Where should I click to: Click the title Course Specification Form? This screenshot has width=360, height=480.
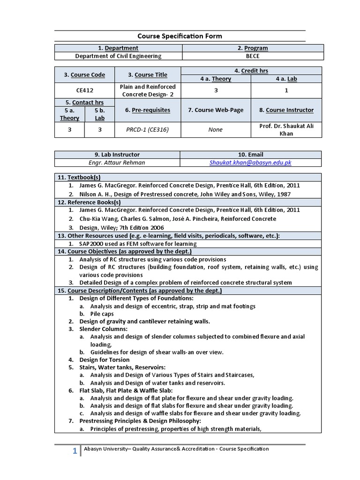(180, 36)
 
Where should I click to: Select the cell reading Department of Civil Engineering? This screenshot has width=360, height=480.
(118, 56)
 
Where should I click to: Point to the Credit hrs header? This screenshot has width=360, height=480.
(251, 71)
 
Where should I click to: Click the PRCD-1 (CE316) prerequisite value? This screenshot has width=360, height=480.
(148, 130)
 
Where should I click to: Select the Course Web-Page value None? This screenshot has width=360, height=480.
(216, 130)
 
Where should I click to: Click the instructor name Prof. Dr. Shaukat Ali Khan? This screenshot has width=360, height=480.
(286, 130)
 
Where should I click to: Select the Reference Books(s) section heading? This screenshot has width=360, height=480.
(89, 202)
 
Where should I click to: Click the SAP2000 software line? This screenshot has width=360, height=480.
(138, 244)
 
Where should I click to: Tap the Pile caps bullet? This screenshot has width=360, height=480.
(102, 314)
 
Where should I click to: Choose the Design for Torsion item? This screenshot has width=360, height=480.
(105, 360)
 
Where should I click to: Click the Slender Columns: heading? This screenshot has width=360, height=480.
(104, 329)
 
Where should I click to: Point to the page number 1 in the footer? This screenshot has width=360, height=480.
(75, 451)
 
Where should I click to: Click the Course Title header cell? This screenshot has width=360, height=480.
(148, 75)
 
